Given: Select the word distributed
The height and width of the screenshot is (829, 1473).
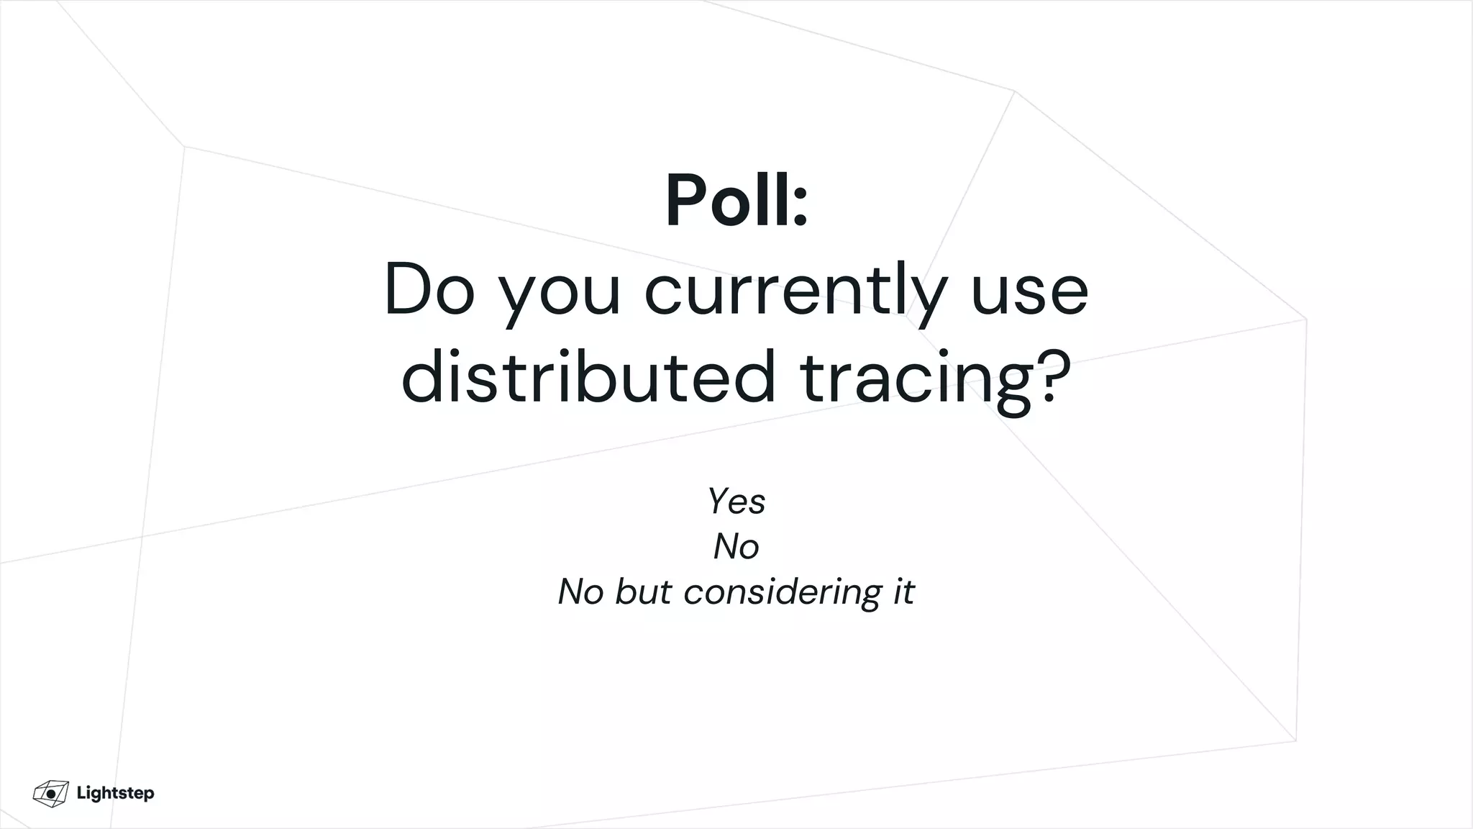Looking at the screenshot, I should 588,378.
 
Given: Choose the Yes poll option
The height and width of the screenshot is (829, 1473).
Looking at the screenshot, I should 736,501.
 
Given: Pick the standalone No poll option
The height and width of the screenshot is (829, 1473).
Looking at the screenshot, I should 736,546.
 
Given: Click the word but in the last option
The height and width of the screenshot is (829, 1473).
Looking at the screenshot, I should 642,592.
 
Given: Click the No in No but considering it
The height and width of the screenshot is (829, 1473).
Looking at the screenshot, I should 580,592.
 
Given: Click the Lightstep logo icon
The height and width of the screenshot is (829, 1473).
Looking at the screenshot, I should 50,793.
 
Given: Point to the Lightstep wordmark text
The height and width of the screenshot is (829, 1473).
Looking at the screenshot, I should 115,793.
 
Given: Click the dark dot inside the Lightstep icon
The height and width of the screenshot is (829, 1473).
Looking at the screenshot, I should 51,794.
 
